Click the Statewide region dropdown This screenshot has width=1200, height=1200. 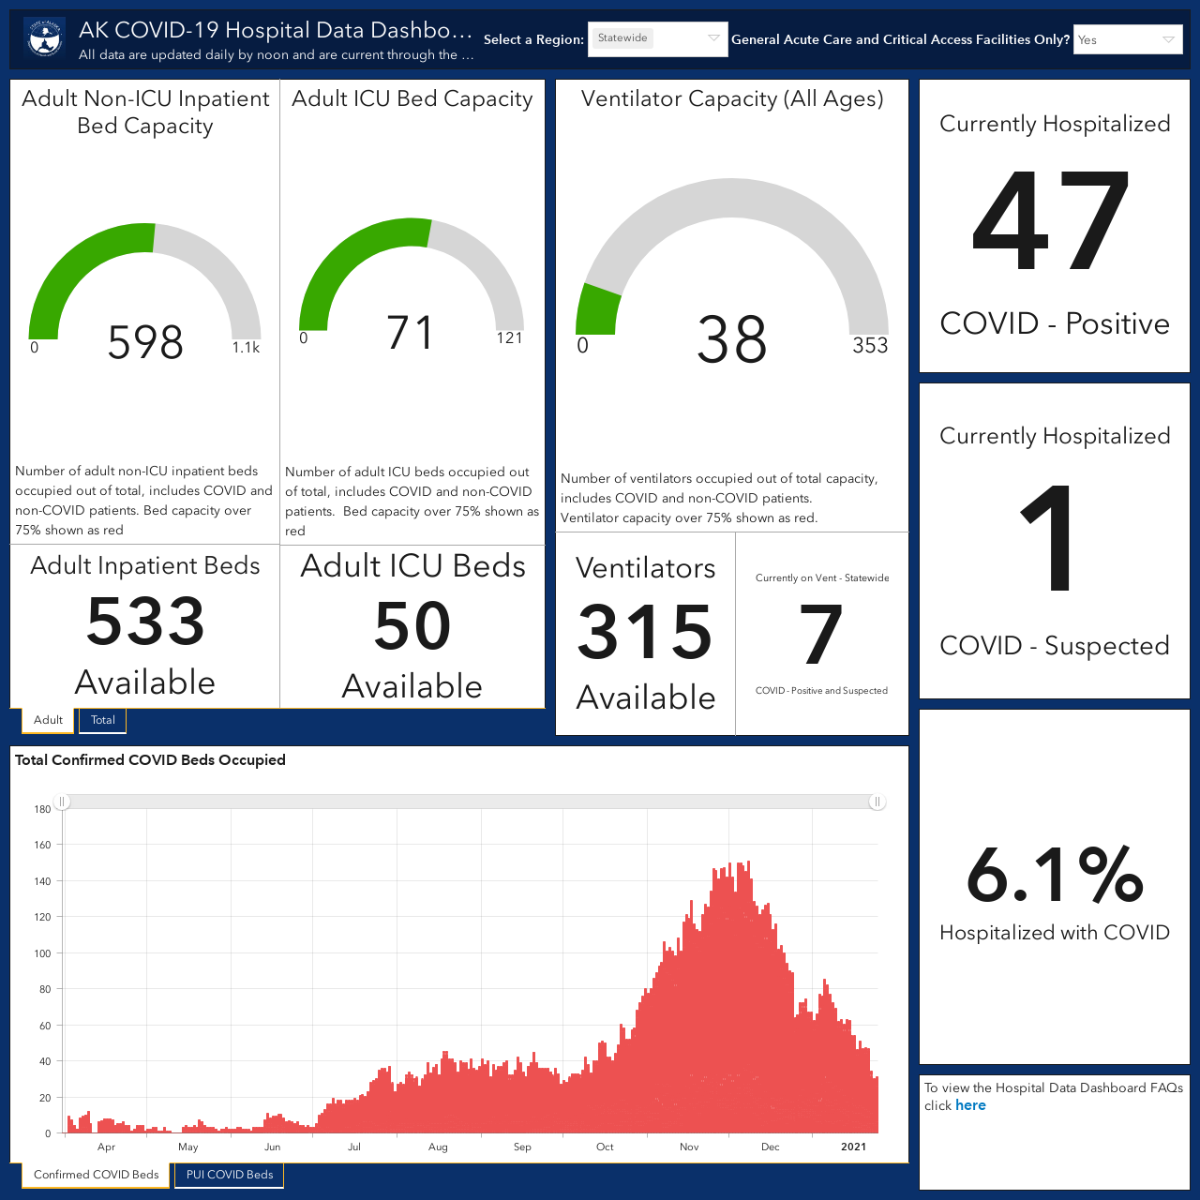(657, 39)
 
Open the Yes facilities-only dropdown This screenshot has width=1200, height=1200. (1128, 40)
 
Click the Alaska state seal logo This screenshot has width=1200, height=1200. (45, 39)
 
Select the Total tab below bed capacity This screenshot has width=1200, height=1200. (103, 720)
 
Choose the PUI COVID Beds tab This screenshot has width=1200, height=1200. (229, 1175)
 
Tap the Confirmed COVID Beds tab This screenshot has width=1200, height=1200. (96, 1175)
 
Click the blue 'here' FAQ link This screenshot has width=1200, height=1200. (970, 1105)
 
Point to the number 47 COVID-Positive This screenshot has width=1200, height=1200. (1051, 221)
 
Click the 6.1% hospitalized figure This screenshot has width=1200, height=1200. (1055, 875)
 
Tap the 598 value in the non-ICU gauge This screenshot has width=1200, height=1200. (145, 342)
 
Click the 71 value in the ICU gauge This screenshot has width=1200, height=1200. (410, 333)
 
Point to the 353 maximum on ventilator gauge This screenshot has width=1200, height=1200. (870, 345)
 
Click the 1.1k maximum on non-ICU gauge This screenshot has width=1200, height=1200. (246, 348)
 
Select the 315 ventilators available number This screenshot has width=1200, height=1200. (645, 633)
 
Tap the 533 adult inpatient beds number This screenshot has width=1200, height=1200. (145, 622)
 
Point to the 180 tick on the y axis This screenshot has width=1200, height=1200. (42, 809)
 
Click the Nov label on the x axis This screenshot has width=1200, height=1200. (689, 1147)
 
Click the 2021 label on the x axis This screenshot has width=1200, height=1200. (853, 1147)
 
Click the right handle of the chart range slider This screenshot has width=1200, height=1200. (877, 802)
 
